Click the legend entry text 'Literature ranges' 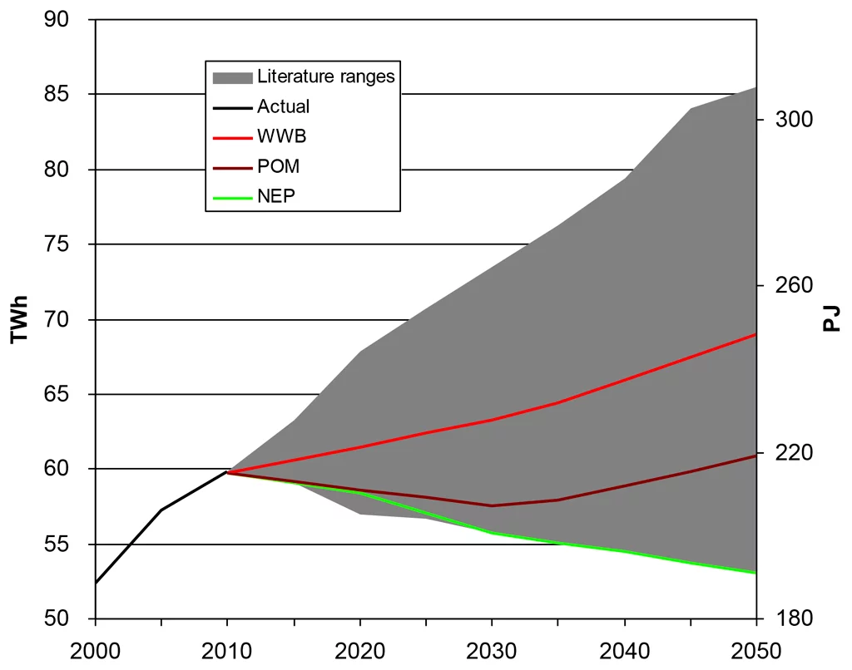pyautogui.click(x=325, y=77)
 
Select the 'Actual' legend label pyautogui.click(x=283, y=106)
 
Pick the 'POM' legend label pyautogui.click(x=278, y=166)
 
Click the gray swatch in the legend pyautogui.click(x=232, y=77)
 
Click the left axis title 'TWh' pyautogui.click(x=18, y=319)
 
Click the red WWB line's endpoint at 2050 pyautogui.click(x=755, y=334)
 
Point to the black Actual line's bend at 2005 pyautogui.click(x=161, y=510)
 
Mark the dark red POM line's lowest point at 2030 pyautogui.click(x=492, y=505)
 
